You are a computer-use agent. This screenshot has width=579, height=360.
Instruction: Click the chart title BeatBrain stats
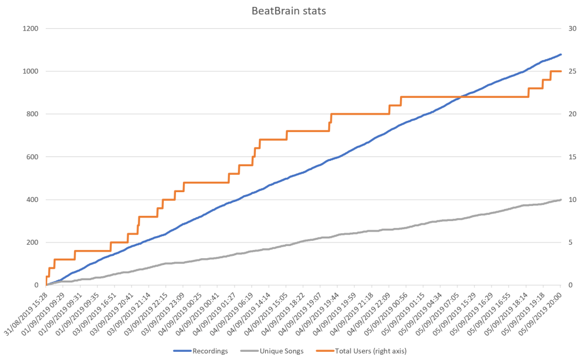(x=289, y=11)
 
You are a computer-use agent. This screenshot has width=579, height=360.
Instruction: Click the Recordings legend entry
(x=202, y=351)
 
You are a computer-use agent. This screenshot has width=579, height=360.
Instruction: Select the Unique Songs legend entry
(x=281, y=351)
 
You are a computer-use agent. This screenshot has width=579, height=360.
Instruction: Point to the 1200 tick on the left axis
(x=31, y=28)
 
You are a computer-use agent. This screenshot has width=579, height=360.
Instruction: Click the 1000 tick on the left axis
(x=31, y=71)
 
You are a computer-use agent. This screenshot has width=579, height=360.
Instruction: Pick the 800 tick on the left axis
(x=32, y=114)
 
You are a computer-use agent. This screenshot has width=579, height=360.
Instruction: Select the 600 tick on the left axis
(x=32, y=157)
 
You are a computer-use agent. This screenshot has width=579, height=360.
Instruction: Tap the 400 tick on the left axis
(x=32, y=200)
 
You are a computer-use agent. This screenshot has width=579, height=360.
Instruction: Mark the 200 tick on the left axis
(x=32, y=243)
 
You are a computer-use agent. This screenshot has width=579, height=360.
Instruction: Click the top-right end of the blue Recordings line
(x=560, y=54)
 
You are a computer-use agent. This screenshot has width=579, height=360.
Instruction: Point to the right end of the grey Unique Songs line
(x=560, y=200)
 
